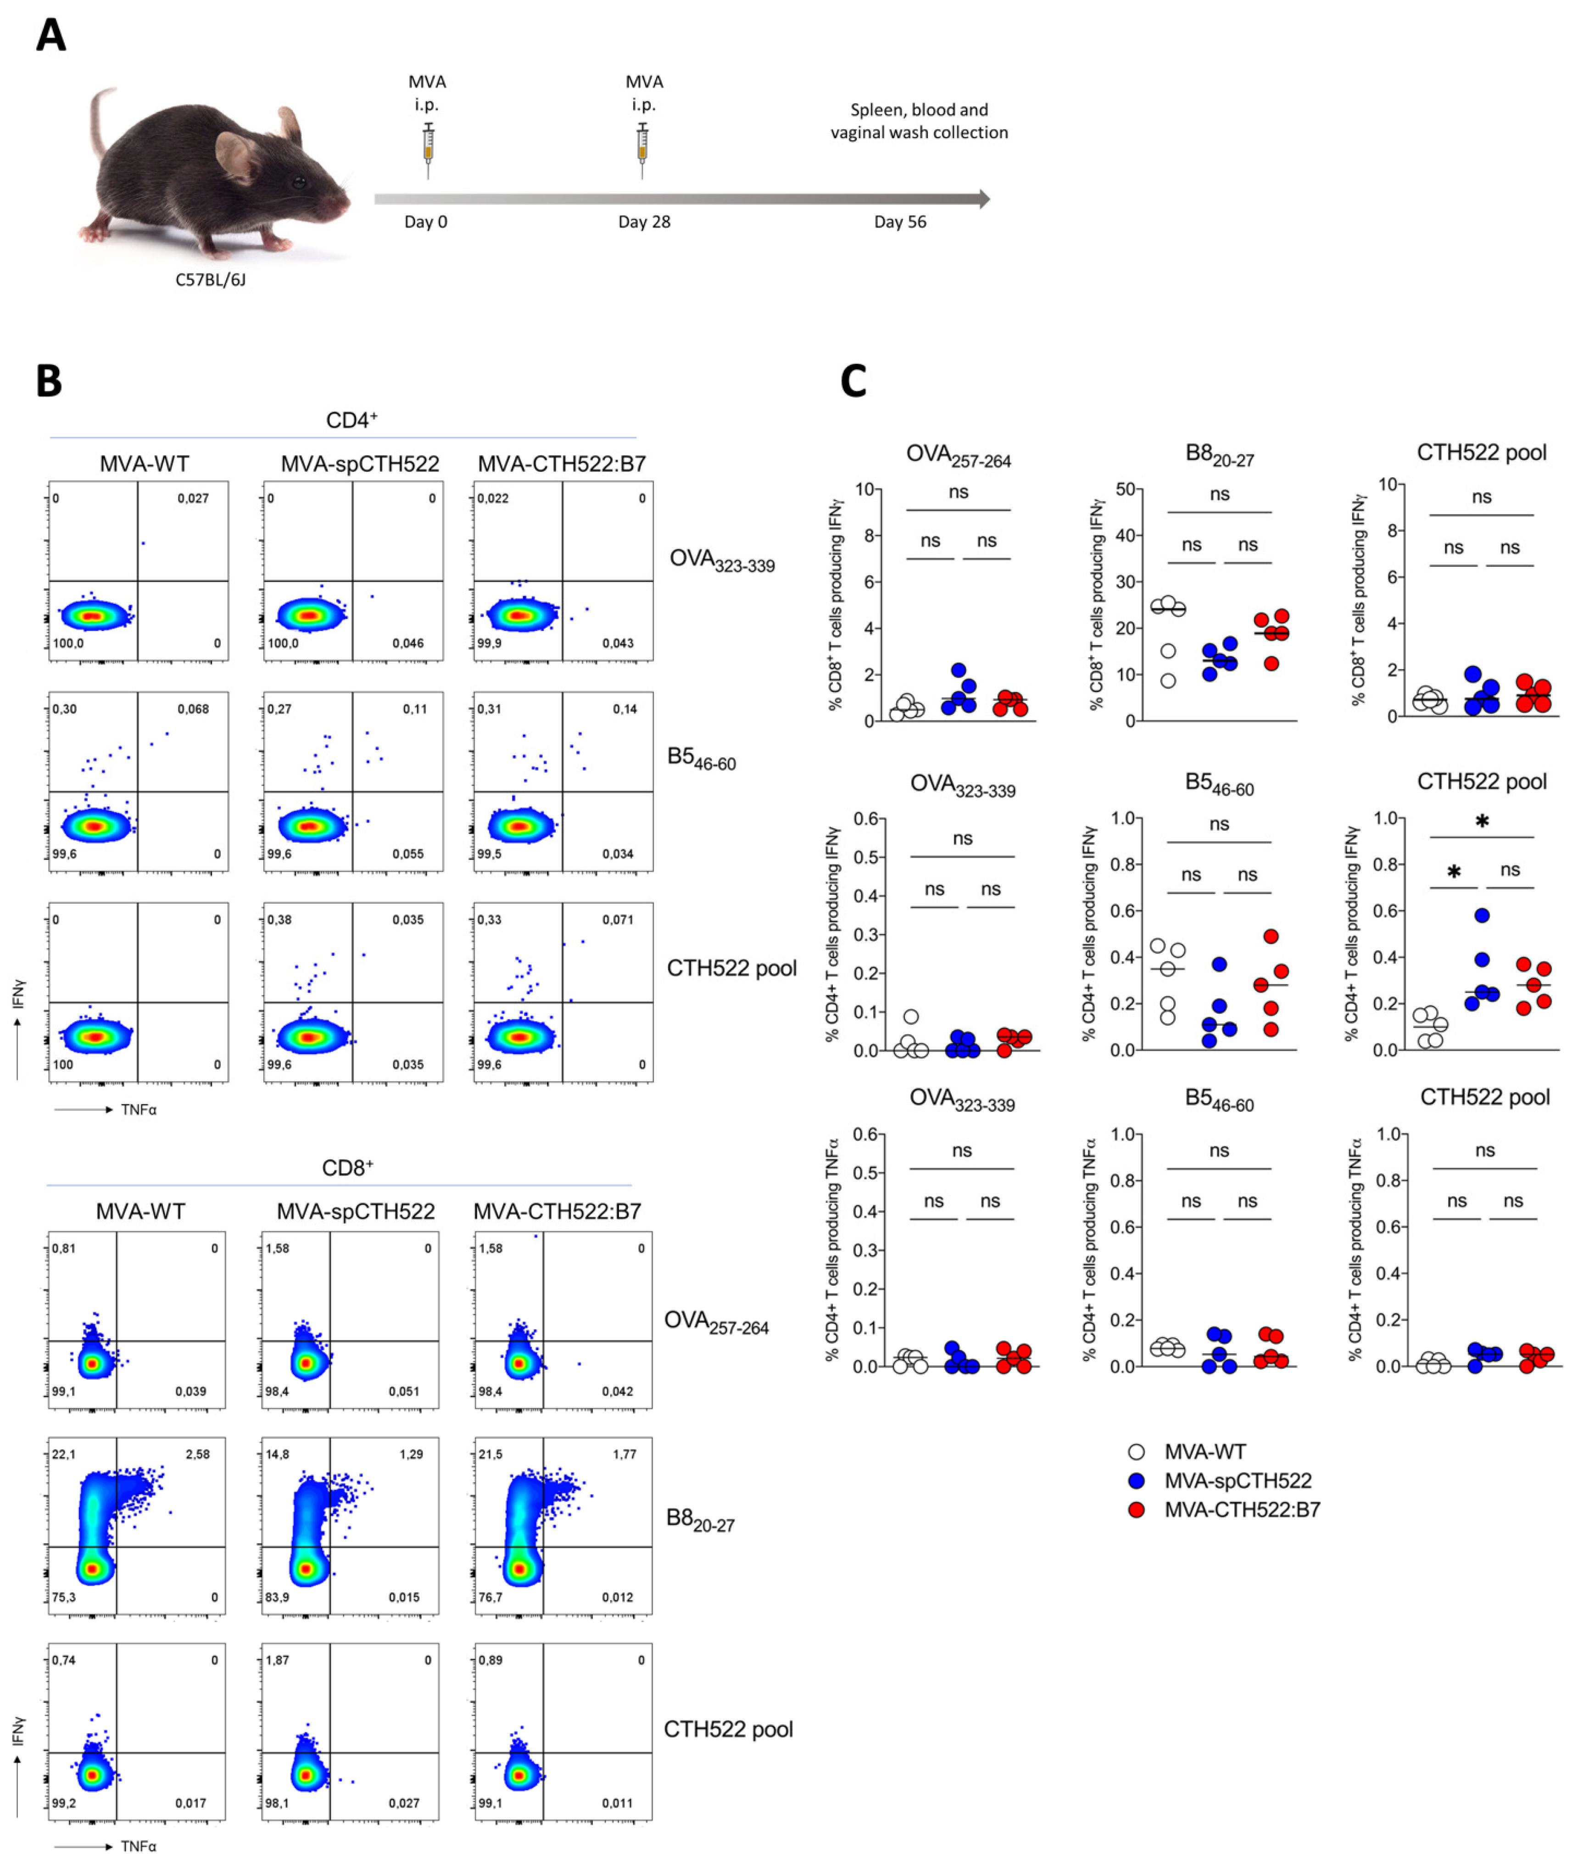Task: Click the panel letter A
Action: coord(50,36)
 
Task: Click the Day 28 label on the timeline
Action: coord(644,222)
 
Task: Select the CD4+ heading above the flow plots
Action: coord(351,420)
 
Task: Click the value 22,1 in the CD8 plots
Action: coord(64,1454)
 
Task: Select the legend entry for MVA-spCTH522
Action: coord(1238,1481)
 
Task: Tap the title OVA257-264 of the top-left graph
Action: coord(958,456)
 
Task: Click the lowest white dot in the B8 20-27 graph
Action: coord(1168,681)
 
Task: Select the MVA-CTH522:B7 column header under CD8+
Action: coord(557,1211)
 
